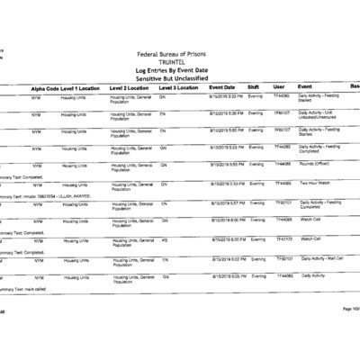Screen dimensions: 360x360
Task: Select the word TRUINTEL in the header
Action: tap(180, 63)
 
